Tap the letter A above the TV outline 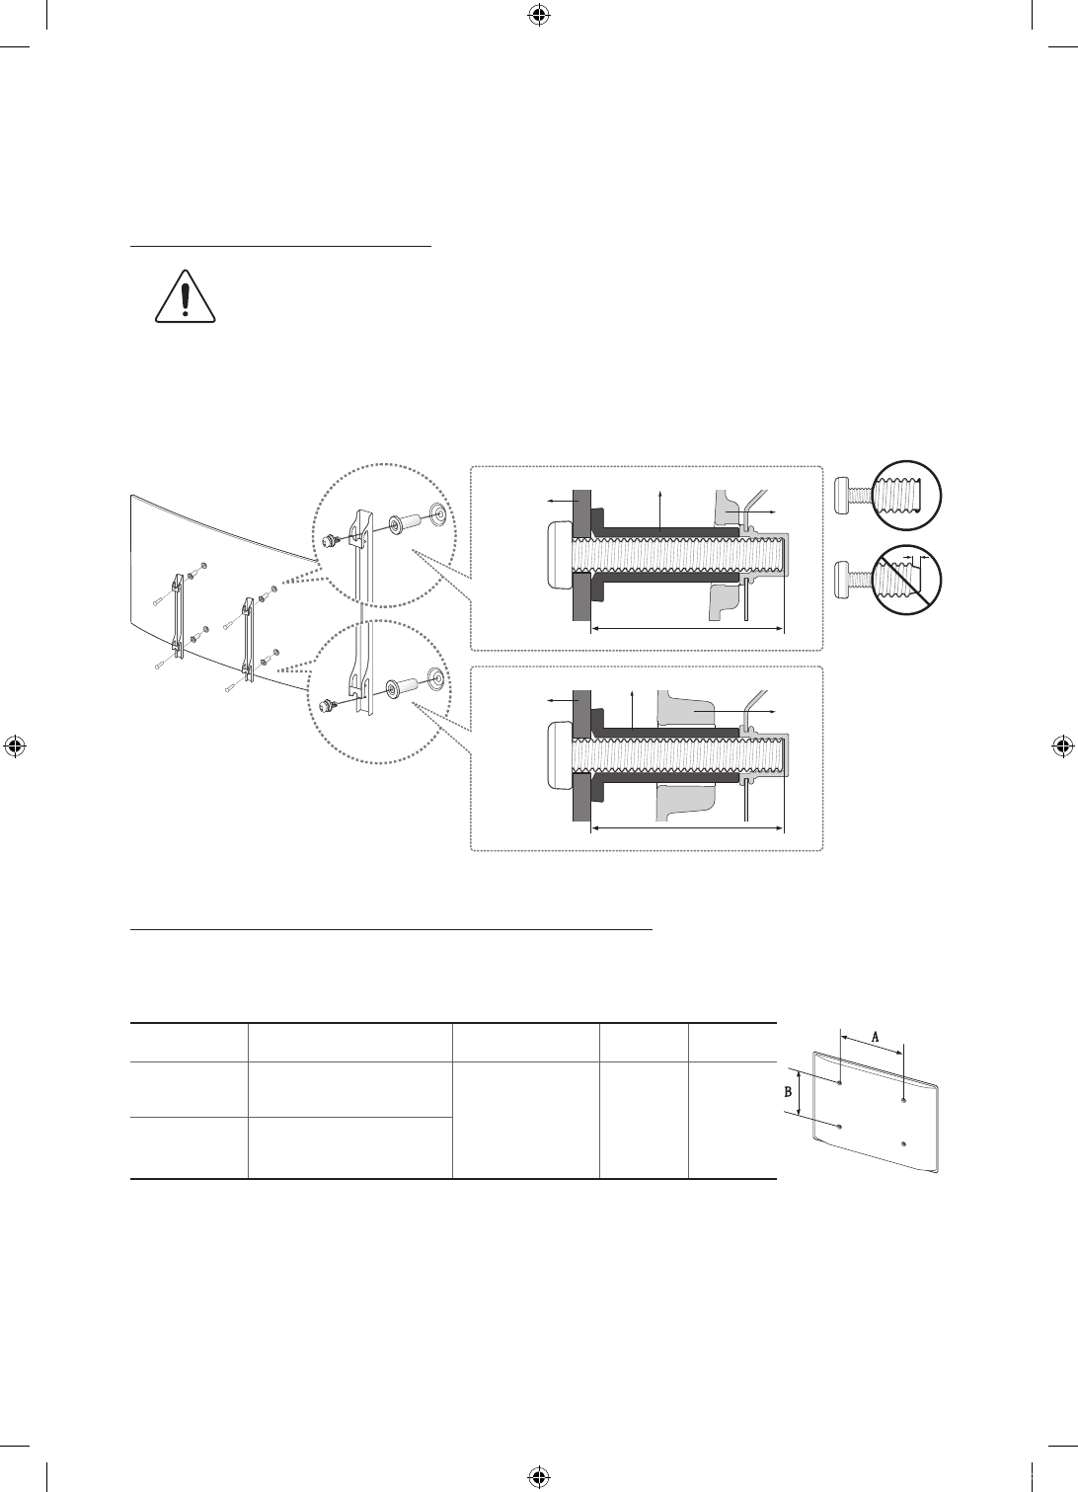coord(875,1037)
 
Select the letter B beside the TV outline coord(788,1092)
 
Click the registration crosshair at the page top coord(538,15)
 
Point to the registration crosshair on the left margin coord(15,746)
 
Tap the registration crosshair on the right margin coord(1062,746)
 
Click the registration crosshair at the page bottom coord(538,1476)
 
